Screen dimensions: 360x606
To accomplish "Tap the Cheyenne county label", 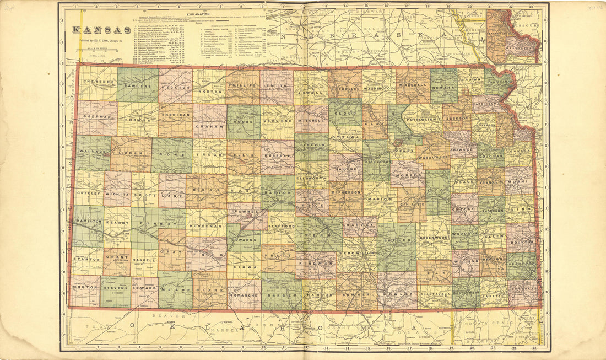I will coord(96,80).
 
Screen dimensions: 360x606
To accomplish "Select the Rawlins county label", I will coord(137,85).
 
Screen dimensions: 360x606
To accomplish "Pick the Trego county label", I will coord(209,156).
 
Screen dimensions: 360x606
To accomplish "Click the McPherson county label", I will coord(346,192).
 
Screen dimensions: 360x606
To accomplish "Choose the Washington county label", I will coord(379,88).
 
